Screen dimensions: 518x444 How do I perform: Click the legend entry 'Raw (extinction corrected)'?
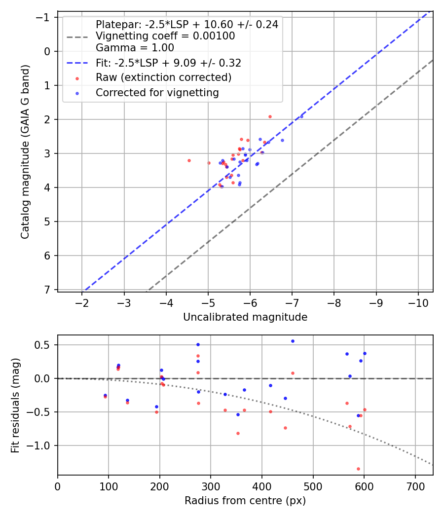[x=163, y=77]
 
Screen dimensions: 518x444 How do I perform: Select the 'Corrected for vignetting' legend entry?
[x=157, y=92]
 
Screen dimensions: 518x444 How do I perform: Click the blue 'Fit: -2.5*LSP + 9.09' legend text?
[x=168, y=63]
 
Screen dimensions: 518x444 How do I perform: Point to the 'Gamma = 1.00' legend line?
[x=135, y=48]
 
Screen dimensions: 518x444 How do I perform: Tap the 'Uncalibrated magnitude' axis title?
[x=245, y=317]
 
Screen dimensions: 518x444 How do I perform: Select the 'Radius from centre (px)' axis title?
[x=245, y=501]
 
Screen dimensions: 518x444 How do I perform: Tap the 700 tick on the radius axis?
[x=415, y=485]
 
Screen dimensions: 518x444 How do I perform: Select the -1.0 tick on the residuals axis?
[x=41, y=445]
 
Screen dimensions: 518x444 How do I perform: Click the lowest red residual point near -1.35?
[x=358, y=469]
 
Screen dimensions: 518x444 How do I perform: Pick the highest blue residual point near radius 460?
[x=293, y=341]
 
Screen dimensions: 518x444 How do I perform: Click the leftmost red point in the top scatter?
[x=189, y=160]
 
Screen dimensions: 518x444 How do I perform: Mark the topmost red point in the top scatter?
[x=270, y=116]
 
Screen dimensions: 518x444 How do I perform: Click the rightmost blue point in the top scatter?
[x=302, y=116]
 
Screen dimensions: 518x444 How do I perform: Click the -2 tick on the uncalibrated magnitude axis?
[x=82, y=302]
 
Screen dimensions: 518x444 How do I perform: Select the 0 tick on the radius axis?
[x=58, y=485]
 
